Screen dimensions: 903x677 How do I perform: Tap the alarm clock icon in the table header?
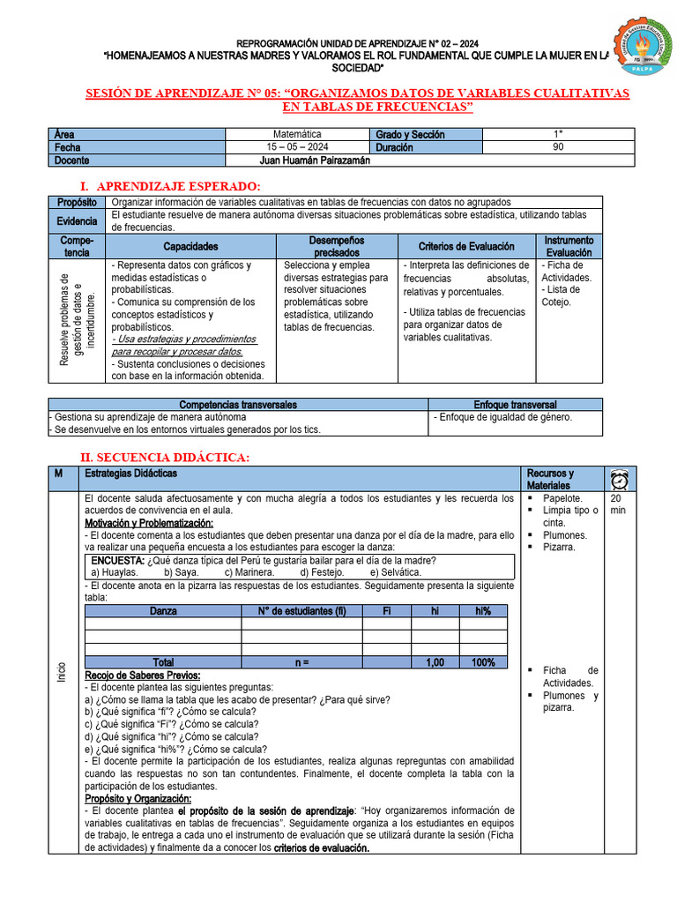click(x=619, y=479)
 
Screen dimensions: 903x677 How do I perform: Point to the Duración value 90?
click(x=557, y=147)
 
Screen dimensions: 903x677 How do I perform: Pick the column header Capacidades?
click(x=190, y=247)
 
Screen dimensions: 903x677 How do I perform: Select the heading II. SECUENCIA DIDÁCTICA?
click(x=165, y=457)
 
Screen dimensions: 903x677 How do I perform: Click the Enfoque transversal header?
click(x=516, y=404)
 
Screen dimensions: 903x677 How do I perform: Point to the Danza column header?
click(x=163, y=611)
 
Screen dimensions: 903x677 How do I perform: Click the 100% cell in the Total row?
click(x=482, y=662)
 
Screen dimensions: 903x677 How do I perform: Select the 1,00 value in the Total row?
click(x=435, y=662)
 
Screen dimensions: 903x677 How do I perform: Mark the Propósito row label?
click(x=77, y=202)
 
